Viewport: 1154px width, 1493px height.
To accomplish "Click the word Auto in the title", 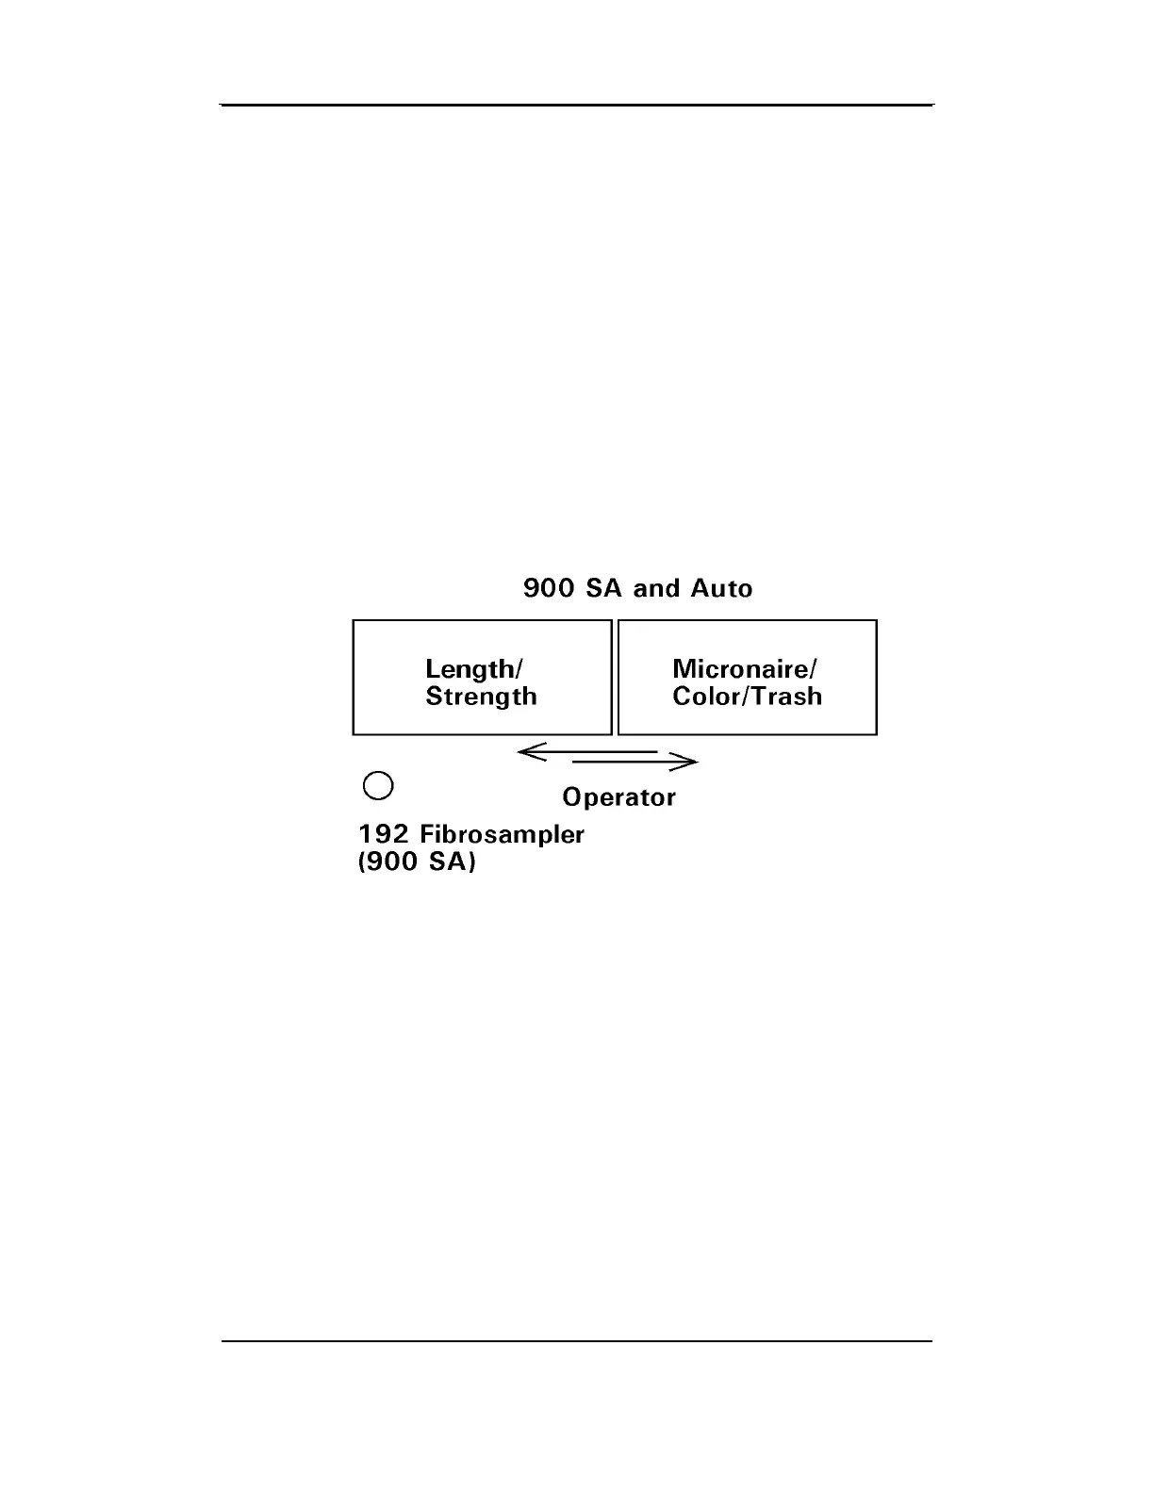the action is point(721,589).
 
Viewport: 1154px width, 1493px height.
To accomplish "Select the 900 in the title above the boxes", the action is point(549,589).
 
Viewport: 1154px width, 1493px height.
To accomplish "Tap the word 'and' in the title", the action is point(656,589).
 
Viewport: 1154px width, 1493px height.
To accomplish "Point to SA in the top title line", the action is point(603,589).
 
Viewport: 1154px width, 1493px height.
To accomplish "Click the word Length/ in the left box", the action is point(473,669).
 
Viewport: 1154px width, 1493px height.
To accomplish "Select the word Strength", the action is point(481,697).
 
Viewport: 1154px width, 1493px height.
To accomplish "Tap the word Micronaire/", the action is point(745,669).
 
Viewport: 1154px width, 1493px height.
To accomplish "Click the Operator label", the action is point(618,797).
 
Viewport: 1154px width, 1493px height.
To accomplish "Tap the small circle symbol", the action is point(378,786).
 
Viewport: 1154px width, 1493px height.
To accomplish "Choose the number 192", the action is point(384,834).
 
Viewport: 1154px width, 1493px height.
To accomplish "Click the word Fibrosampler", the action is point(502,835).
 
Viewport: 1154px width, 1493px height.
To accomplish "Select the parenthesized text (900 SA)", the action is point(417,862).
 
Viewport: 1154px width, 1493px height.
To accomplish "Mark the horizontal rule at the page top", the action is point(577,105).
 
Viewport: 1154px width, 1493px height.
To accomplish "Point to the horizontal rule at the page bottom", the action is point(577,1340).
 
